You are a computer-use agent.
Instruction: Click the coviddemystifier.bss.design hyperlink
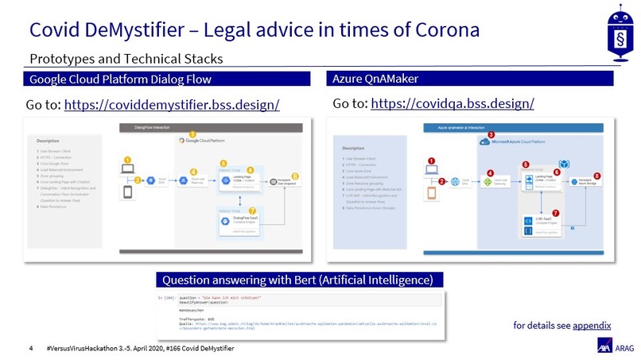[x=171, y=105]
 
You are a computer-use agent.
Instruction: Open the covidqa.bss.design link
[x=452, y=103]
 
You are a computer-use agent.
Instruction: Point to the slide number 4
[x=30, y=347]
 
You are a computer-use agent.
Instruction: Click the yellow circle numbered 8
[x=295, y=176]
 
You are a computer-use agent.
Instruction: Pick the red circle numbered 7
[x=556, y=213]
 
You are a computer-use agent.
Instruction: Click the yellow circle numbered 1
[x=126, y=159]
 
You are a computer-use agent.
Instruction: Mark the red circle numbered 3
[x=491, y=135]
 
